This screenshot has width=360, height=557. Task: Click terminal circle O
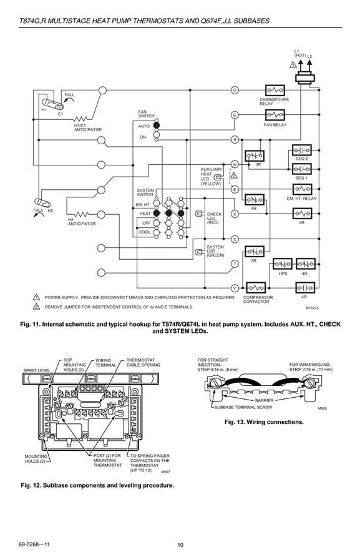tap(235, 90)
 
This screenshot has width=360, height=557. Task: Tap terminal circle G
tap(235, 115)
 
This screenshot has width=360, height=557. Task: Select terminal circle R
tap(235, 140)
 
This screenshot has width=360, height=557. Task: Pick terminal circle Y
tap(235, 288)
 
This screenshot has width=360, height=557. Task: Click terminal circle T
tap(235, 264)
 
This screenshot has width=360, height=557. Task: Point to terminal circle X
tap(235, 214)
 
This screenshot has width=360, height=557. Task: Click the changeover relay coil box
tap(275, 90)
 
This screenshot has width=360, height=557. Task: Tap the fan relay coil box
tap(275, 115)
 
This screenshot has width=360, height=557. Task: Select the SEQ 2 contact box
tap(302, 150)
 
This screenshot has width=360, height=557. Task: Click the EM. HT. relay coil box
tap(302, 189)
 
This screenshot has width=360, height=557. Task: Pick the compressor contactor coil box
tap(256, 288)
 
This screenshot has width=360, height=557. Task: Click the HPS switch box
tap(283, 264)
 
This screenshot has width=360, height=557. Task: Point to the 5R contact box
tap(255, 252)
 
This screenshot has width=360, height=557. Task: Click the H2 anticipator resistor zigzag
tap(82, 215)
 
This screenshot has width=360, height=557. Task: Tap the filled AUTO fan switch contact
tap(157, 126)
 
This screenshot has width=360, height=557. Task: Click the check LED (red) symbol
tap(199, 214)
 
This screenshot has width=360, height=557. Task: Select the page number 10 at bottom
tap(180, 545)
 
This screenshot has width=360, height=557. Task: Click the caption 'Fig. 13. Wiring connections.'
tap(264, 422)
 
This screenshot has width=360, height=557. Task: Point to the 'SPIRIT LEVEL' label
tap(37, 370)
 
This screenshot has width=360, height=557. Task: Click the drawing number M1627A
tap(313, 308)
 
